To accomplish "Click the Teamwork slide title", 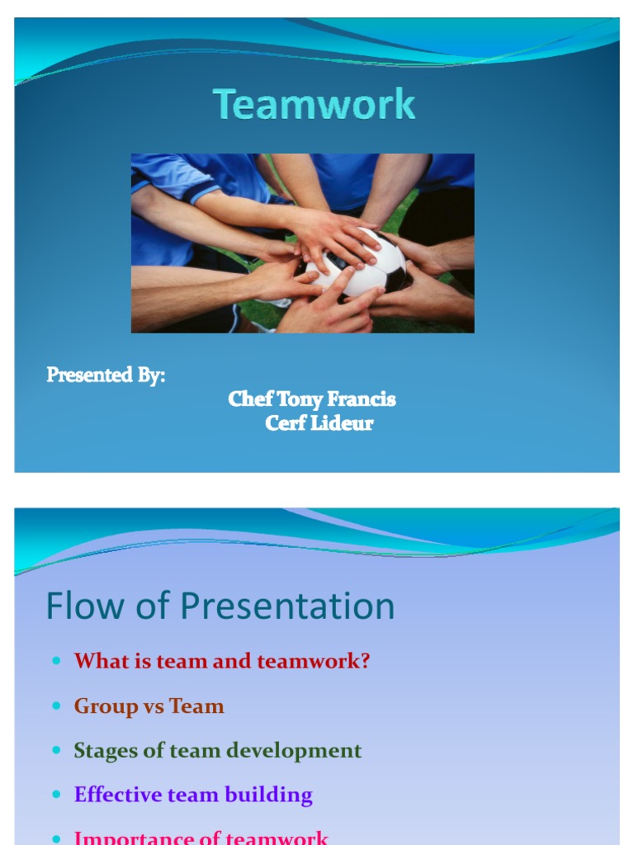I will (315, 106).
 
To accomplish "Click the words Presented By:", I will (106, 375).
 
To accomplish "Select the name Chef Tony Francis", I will (312, 399).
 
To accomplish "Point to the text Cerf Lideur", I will (319, 423).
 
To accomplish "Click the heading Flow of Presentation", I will (220, 607).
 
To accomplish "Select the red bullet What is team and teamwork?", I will (222, 661).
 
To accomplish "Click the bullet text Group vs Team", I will (149, 706).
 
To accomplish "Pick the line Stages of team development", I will (218, 751).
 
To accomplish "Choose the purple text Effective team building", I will (193, 795).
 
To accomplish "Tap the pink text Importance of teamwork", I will (201, 837).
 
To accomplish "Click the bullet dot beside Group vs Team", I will (56, 707).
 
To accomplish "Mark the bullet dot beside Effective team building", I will (56, 796).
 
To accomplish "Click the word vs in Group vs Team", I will (154, 707).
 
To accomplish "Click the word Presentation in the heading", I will (288, 607).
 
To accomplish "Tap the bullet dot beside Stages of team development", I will (56, 752).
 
